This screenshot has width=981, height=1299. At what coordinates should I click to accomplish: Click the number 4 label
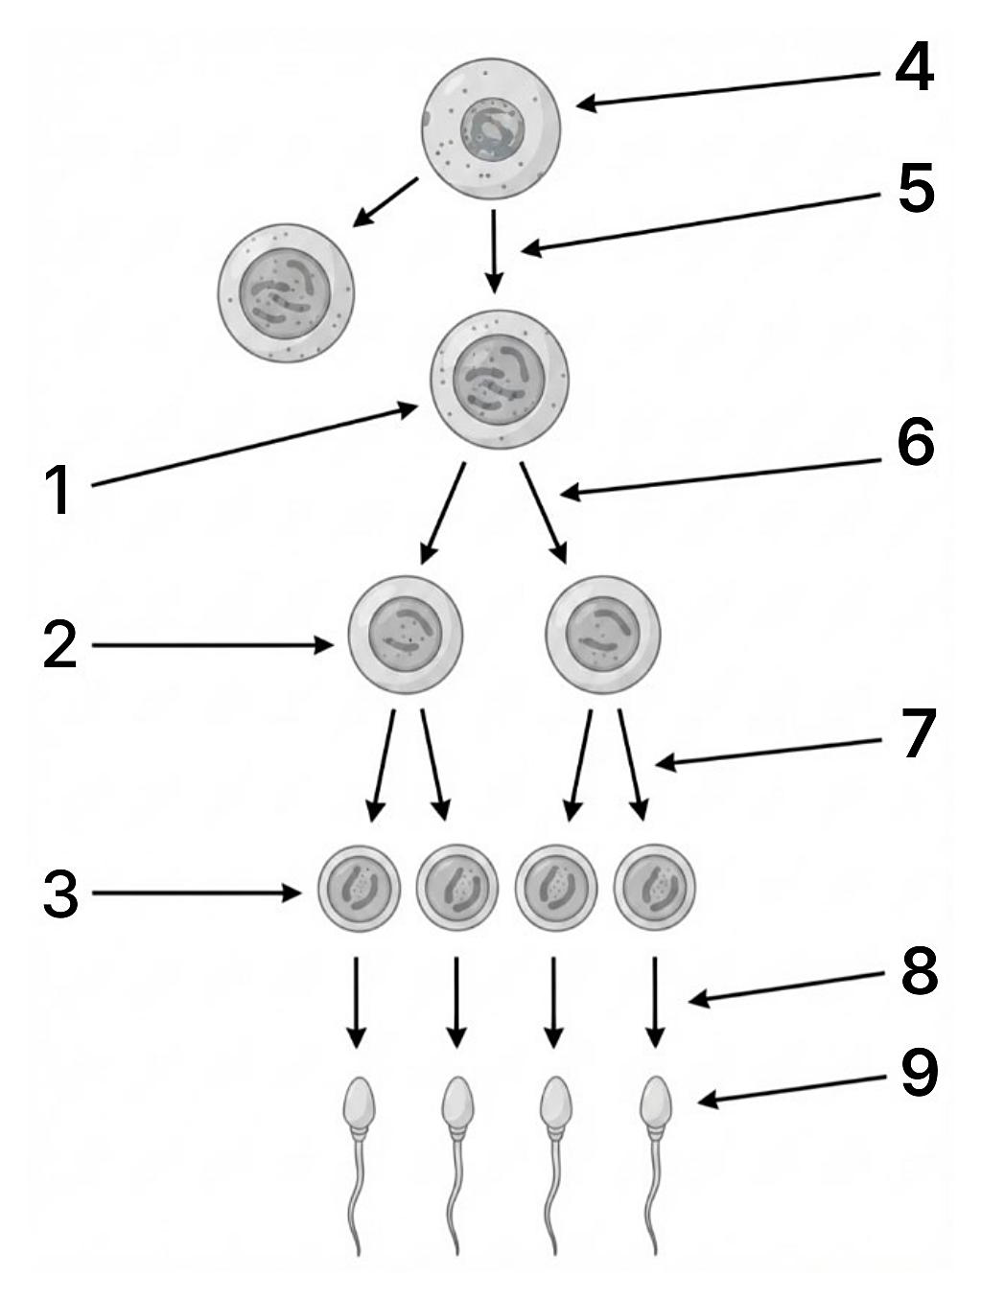pos(914,67)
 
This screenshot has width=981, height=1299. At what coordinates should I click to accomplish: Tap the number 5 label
pos(916,188)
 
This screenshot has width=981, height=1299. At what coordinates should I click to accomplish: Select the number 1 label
pos(60,490)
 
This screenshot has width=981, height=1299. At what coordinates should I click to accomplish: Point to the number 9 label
pos(920,1073)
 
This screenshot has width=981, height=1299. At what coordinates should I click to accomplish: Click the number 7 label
pos(920,732)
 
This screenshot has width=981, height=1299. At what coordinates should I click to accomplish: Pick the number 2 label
pos(60,644)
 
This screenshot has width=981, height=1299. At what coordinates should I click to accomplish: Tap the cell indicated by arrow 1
pos(500,380)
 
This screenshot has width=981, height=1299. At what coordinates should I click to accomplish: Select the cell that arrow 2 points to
pos(406,635)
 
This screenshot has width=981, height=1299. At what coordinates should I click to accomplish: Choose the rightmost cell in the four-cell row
pos(654,887)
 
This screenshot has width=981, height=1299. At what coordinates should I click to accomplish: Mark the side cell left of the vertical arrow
pos(287,293)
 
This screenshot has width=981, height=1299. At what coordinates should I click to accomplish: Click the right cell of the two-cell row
pos(603,635)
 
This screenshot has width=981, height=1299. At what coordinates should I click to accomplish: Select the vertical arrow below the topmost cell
pos(494,251)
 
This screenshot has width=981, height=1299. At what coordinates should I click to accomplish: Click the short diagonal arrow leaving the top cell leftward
pos(385,201)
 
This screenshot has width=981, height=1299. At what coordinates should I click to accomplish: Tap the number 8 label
pos(920,970)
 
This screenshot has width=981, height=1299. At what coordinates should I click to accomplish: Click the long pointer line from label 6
pos(720,476)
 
